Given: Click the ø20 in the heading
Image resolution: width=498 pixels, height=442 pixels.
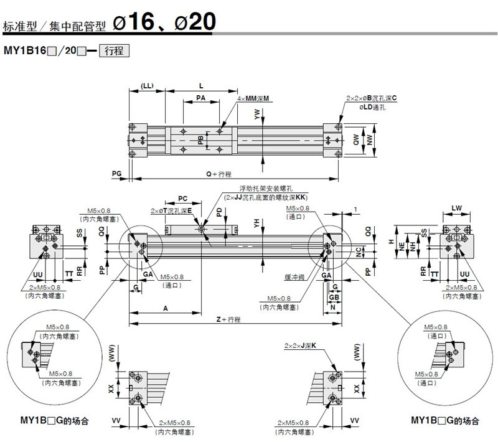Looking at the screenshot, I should pyautogui.click(x=194, y=22).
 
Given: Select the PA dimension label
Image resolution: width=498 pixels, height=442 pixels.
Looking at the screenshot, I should pyautogui.click(x=201, y=98).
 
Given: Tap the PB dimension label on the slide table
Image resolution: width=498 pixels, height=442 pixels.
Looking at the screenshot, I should pyautogui.click(x=200, y=141).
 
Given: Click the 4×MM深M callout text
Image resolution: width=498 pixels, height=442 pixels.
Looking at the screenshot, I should pyautogui.click(x=257, y=98).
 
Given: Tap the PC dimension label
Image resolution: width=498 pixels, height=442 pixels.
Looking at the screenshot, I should pyautogui.click(x=183, y=198).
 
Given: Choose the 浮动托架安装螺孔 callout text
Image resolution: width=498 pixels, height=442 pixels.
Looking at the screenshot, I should pyautogui.click(x=261, y=189).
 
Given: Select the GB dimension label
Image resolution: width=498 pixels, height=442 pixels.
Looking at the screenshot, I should pyautogui.click(x=334, y=297).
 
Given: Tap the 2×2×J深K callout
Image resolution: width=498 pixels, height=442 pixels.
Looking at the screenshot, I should pyautogui.click(x=301, y=345).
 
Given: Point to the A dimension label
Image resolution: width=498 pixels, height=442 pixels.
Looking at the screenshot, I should pyautogui.click(x=165, y=308).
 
